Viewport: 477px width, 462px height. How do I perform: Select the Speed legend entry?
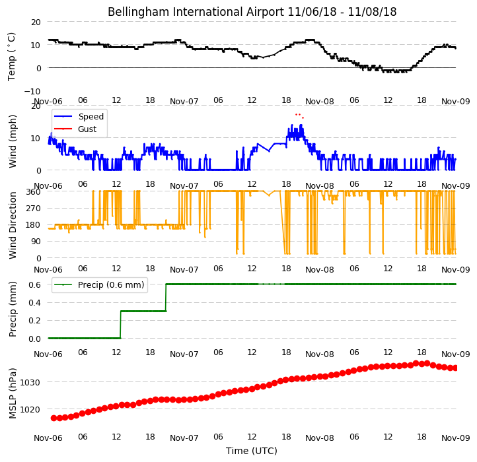pos(79,116)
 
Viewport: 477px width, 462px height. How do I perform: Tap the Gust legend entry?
pos(75,129)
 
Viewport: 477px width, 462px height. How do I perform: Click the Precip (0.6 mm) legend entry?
pos(99,285)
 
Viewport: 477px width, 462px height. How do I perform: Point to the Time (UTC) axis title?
pos(252,451)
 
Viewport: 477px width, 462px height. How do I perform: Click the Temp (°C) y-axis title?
pos(11,57)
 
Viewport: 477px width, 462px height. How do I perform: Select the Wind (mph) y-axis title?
pos(12,141)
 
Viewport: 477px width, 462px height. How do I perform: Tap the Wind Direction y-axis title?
pos(12,225)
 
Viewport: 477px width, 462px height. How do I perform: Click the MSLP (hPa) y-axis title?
pos(12,393)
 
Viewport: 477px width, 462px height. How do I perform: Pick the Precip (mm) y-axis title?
pos(12,309)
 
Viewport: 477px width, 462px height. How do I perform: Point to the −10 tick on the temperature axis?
pos(32,91)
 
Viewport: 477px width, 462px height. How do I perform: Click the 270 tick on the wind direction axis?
pos(34,209)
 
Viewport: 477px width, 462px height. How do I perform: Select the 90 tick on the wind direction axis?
pos(36,242)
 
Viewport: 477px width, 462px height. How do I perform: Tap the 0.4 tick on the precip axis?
pos(34,303)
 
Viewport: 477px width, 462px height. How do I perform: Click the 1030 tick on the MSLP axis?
pos(30,382)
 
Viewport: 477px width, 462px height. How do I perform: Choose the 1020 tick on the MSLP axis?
pos(30,410)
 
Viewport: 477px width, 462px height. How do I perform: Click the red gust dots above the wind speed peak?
pos(300,115)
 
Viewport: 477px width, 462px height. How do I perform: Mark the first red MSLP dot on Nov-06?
pos(54,418)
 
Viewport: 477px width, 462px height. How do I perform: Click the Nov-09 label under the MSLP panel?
pos(456,438)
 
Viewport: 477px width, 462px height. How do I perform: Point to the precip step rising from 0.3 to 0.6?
pos(166,298)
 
